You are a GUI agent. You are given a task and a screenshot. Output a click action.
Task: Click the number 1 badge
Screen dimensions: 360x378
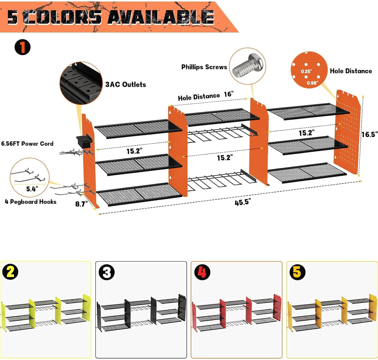pos(22,47)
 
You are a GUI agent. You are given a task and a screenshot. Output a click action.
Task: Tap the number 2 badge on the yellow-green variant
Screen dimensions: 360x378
pos(10,272)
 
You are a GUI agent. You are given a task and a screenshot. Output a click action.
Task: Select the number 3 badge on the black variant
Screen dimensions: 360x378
pos(107,272)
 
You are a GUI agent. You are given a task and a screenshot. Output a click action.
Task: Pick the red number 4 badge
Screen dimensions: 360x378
pos(202,272)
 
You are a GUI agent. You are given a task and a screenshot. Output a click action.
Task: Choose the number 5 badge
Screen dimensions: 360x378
pos(297,272)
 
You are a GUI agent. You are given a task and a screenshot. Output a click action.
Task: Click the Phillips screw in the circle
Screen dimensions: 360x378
pos(247,66)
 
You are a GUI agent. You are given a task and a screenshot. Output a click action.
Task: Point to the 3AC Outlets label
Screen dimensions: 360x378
pos(126,84)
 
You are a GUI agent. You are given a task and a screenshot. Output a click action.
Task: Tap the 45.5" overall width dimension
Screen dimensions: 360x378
pos(242,202)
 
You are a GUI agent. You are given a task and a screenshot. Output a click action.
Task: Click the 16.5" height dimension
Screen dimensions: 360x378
pos(369,134)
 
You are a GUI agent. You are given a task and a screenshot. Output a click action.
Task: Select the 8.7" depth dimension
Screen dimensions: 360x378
pos(81,204)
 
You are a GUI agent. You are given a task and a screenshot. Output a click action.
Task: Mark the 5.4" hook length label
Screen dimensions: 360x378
pos(32,189)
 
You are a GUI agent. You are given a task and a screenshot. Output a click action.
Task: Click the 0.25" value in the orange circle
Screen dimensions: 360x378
pos(306,71)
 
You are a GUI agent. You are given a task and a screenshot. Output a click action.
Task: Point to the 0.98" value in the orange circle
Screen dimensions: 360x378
pos(312,83)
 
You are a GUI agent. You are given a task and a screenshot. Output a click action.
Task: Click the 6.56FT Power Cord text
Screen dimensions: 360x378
pos(27,144)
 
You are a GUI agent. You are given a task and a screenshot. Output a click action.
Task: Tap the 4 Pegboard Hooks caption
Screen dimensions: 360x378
pos(31,202)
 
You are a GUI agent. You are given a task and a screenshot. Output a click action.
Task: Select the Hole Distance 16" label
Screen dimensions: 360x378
pos(206,96)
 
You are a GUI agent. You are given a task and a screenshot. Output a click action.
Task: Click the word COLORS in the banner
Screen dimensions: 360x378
pos(64,17)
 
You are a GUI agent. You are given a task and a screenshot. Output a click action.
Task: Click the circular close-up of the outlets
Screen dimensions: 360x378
pos(81,83)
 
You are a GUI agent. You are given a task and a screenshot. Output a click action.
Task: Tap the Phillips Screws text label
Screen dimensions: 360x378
pos(204,67)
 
